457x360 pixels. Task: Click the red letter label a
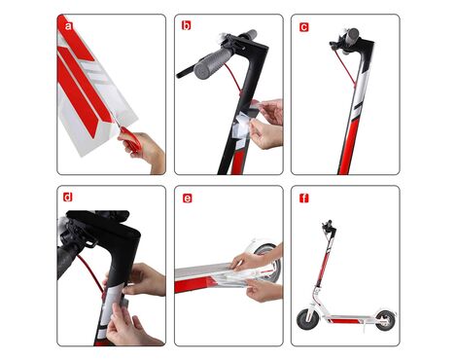[x=68, y=25]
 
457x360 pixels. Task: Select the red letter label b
[x=186, y=25]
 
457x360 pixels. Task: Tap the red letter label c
[x=303, y=27]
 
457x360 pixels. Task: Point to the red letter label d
[x=68, y=197]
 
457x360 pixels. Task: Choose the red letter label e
[x=188, y=198]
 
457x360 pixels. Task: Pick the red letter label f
[x=303, y=198]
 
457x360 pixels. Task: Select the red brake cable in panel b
[x=234, y=79]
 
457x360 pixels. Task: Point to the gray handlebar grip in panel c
[x=353, y=35]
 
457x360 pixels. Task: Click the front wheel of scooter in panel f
[x=306, y=319]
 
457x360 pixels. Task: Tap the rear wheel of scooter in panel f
[x=385, y=320]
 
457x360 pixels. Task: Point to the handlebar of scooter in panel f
[x=329, y=225]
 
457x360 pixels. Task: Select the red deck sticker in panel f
[x=343, y=320]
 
